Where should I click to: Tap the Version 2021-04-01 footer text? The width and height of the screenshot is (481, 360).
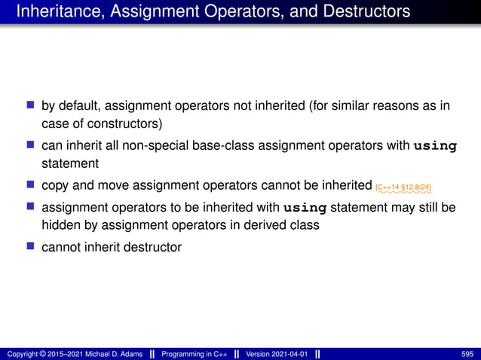277,354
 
